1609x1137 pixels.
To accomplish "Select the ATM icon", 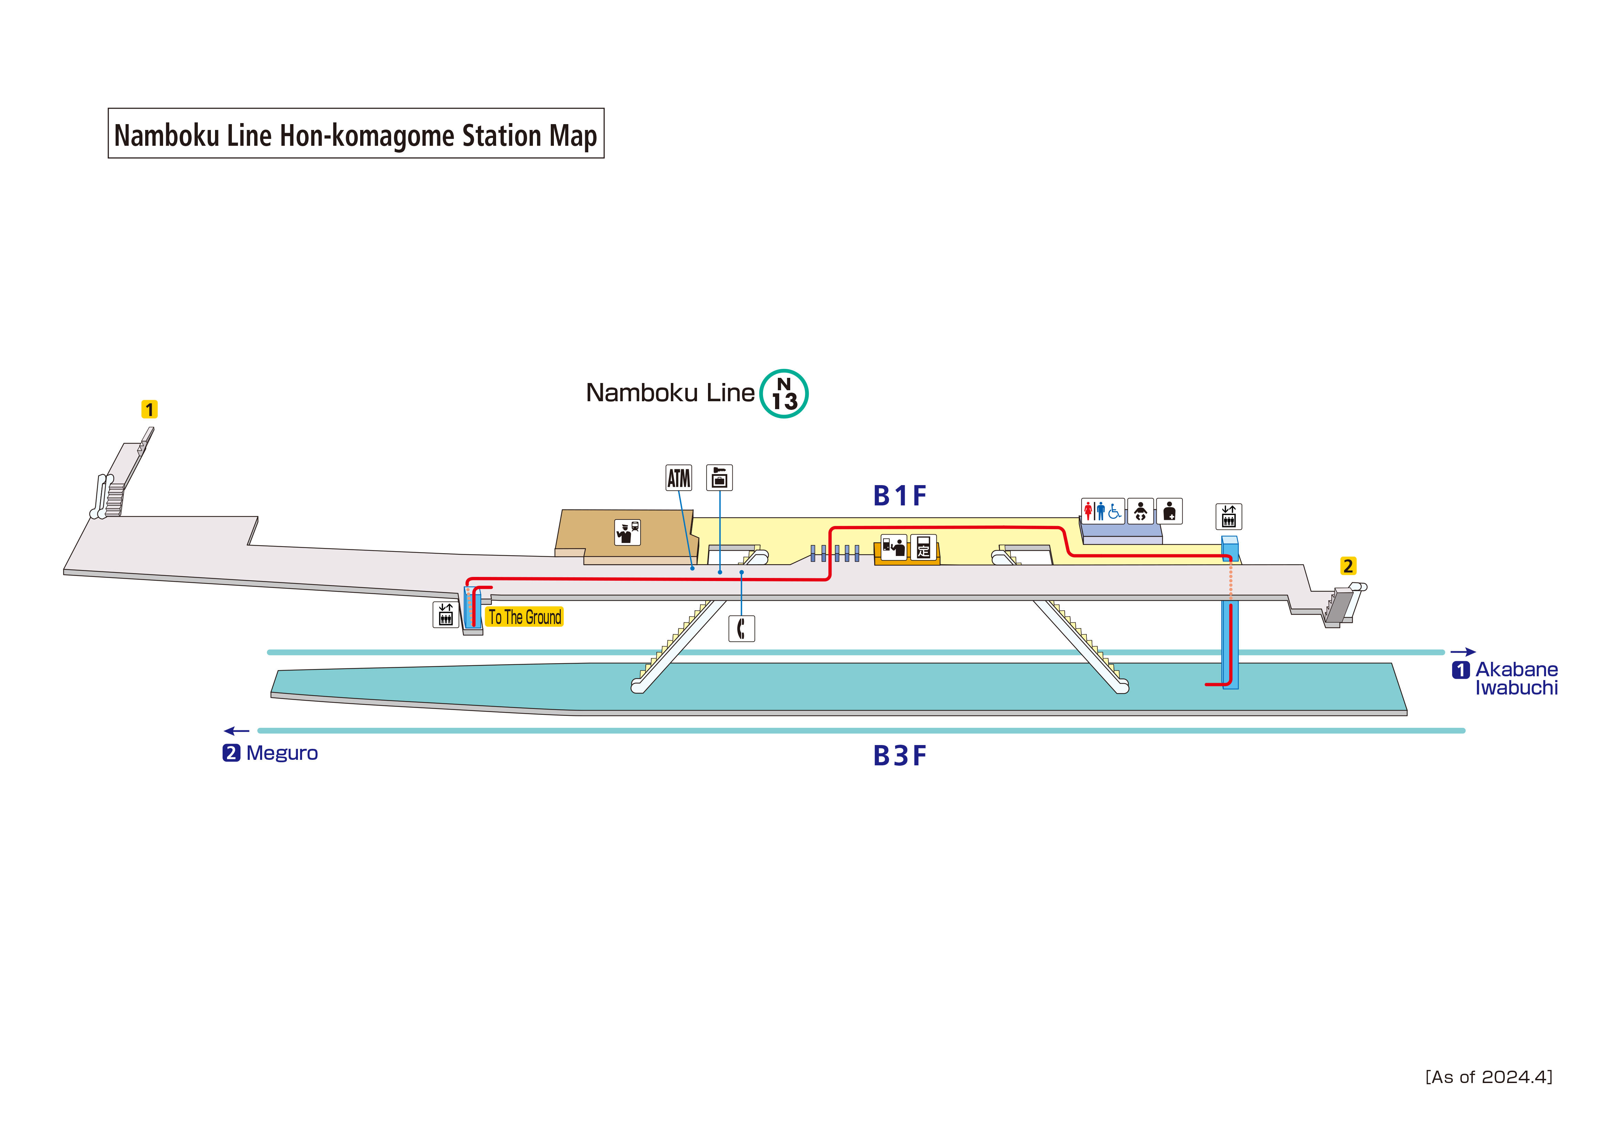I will [678, 478].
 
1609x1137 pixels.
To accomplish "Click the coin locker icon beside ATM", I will [719, 478].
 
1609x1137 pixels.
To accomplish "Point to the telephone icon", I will [741, 628].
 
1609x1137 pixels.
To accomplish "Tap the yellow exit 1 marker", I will [149, 409].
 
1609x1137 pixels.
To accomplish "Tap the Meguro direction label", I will [281, 753].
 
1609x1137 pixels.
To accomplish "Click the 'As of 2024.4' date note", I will [1489, 1077].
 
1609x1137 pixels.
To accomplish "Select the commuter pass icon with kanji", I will [923, 547].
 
